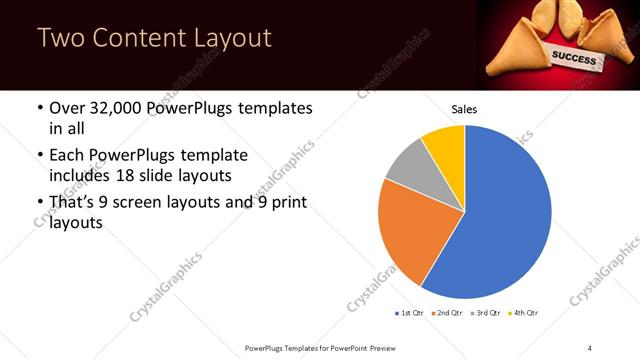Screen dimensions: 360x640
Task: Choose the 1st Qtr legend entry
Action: tap(409, 313)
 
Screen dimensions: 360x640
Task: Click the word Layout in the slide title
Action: tap(231, 39)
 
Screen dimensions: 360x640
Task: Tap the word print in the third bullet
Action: tap(284, 204)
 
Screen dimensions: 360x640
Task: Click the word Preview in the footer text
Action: tap(375, 347)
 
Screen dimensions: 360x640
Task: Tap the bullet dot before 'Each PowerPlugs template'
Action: tap(39, 156)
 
